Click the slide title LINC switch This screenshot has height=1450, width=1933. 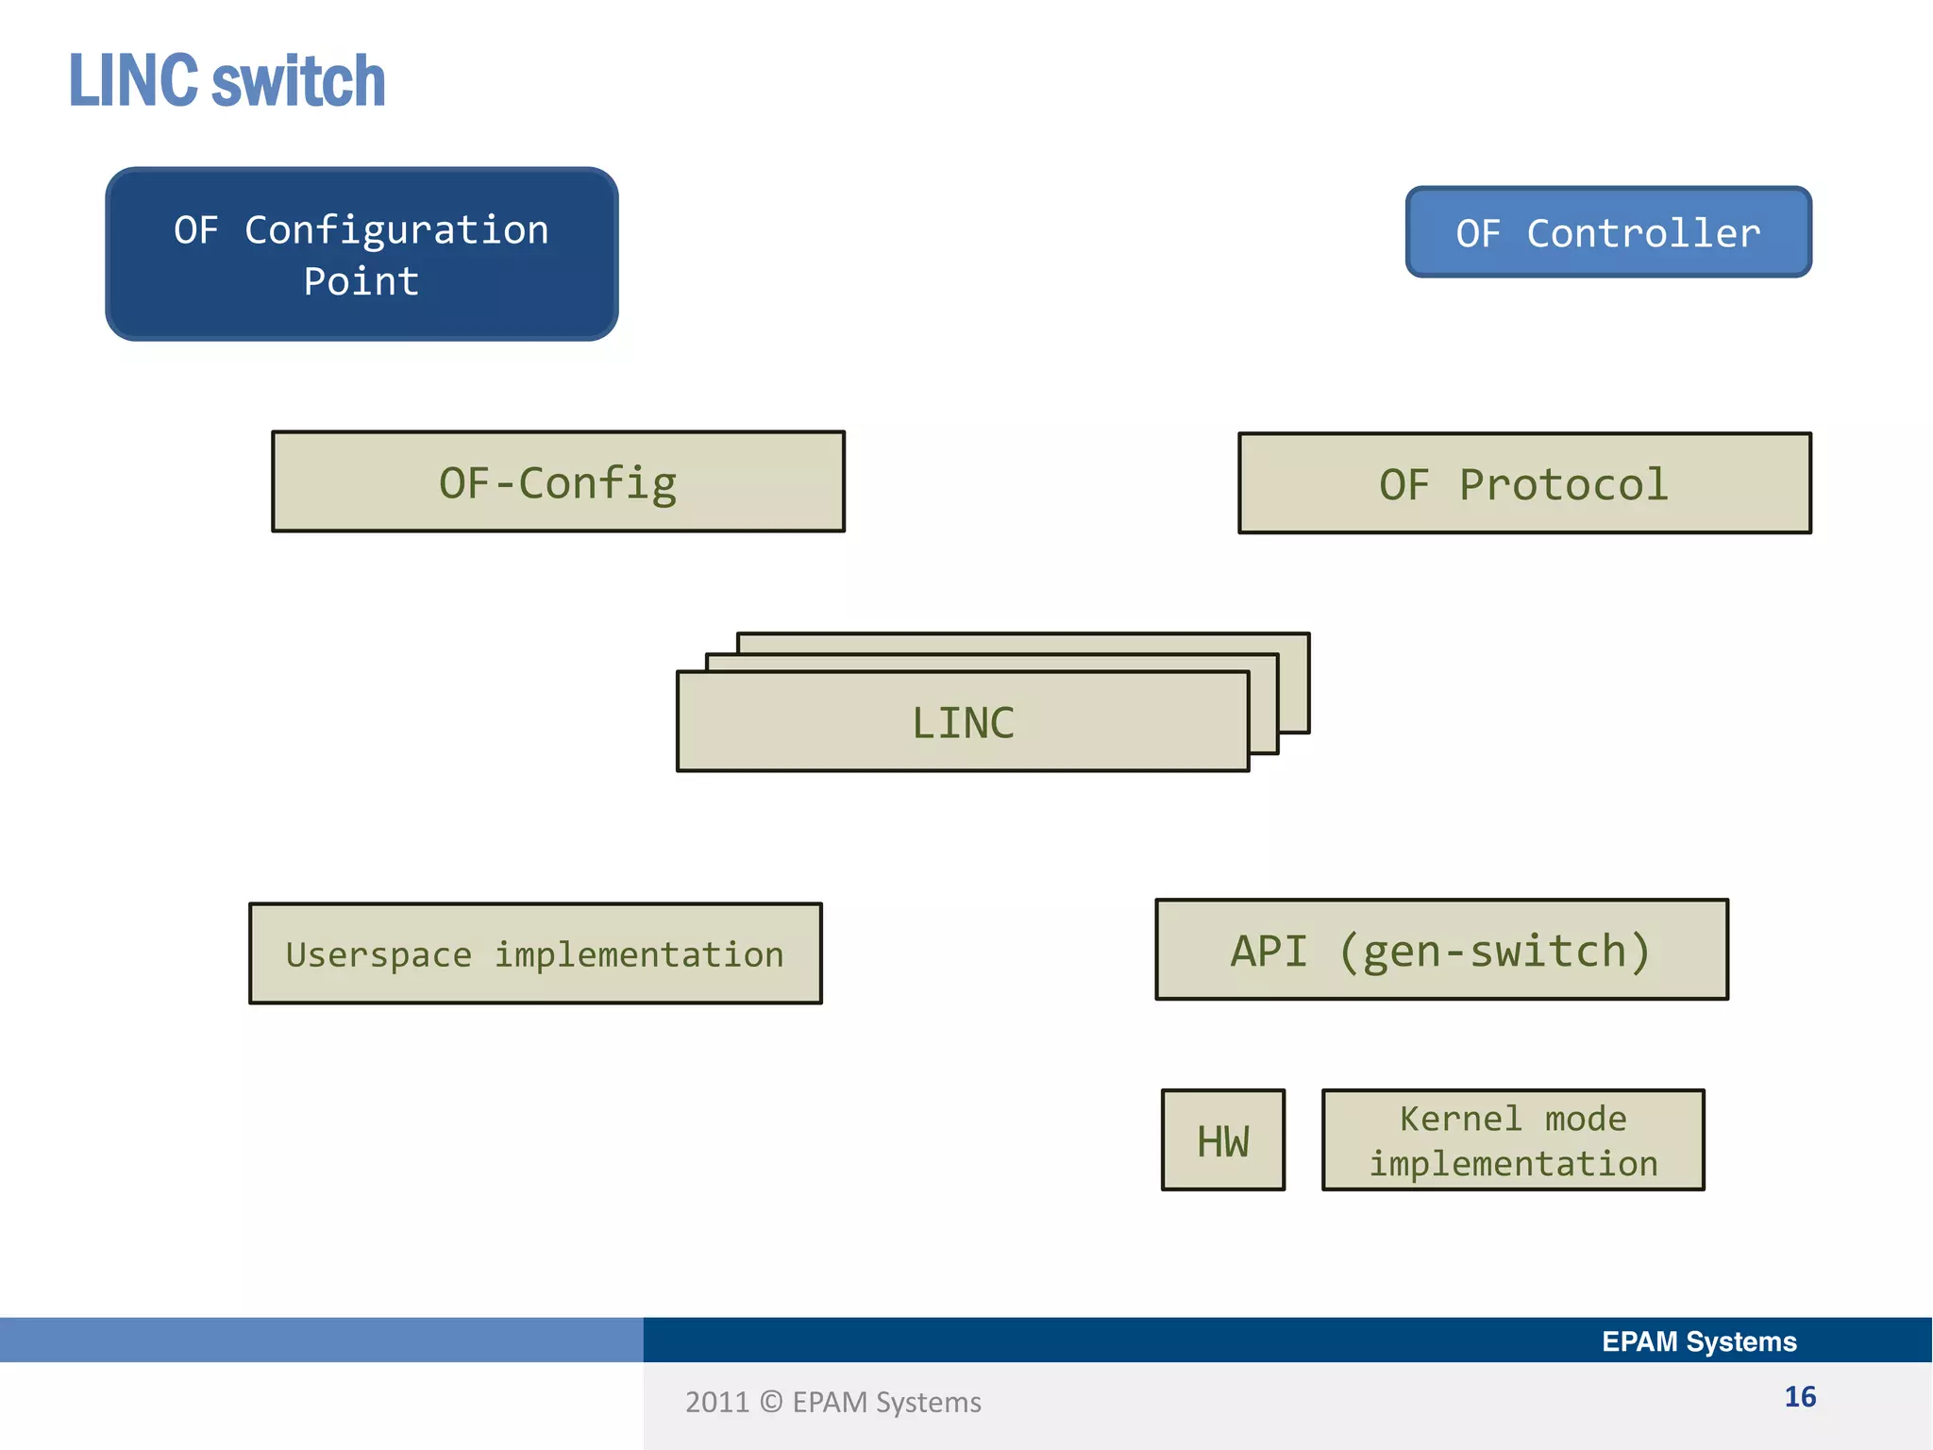(227, 81)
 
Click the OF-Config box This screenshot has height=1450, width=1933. (558, 482)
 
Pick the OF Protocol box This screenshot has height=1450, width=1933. (1524, 484)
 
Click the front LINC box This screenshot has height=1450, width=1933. (963, 723)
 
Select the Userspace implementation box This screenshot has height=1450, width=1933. (535, 954)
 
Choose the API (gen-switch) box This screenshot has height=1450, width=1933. (1441, 951)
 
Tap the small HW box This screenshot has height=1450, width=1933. (1222, 1140)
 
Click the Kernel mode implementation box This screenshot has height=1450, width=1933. (1513, 1140)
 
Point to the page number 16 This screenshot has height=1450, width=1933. (1800, 1397)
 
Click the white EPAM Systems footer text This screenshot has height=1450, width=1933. (1699, 1341)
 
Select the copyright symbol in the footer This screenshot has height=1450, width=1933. (771, 1402)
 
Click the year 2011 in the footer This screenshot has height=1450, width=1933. (716, 1403)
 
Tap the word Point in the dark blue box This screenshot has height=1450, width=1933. (361, 281)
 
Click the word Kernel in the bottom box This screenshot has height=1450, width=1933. (1460, 1119)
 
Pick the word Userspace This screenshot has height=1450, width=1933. (378, 955)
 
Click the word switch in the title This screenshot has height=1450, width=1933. (298, 81)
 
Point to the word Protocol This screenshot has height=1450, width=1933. (1564, 485)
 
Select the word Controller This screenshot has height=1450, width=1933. (1643, 233)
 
